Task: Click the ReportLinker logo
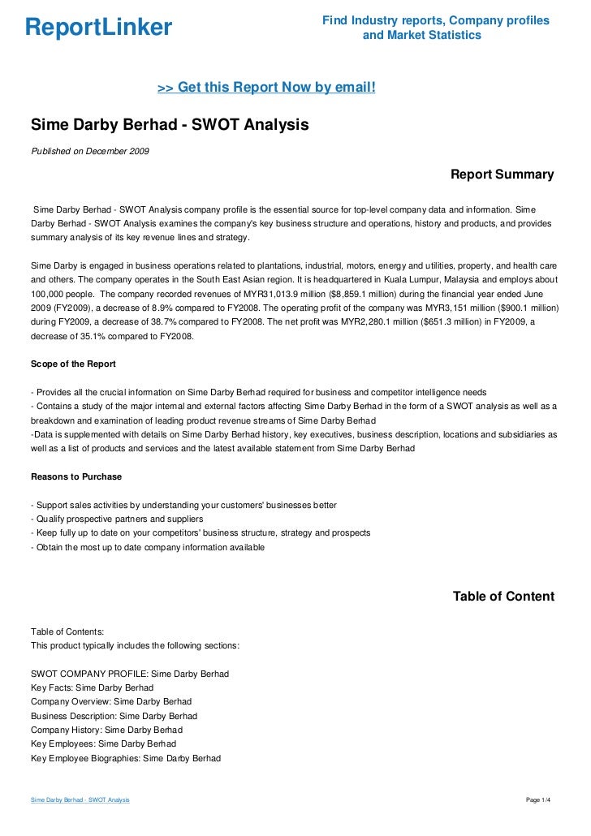[x=99, y=28]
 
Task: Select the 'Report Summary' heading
[x=502, y=175]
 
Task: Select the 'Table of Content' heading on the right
[x=503, y=597]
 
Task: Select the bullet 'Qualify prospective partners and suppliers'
[x=116, y=519]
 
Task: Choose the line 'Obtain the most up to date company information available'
[x=147, y=548]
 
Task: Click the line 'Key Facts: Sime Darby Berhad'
[x=92, y=687]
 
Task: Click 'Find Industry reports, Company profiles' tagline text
[x=435, y=19]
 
